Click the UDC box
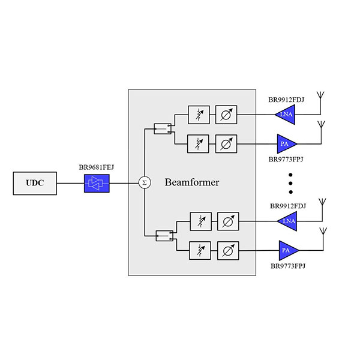click(x=35, y=183)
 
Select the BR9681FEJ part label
click(x=97, y=167)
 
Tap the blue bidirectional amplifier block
click(x=97, y=183)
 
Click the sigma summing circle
click(x=145, y=183)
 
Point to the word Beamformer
click(x=192, y=182)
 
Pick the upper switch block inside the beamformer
click(x=163, y=129)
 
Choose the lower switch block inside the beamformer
click(x=164, y=236)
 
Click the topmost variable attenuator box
click(x=199, y=115)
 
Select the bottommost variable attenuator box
click(x=200, y=250)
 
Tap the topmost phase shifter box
click(x=226, y=115)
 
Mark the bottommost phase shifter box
click(x=228, y=250)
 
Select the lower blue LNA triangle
click(x=289, y=221)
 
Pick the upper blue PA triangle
click(x=285, y=144)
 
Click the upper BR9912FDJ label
click(x=286, y=100)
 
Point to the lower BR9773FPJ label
click(x=288, y=266)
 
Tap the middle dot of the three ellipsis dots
click(x=290, y=183)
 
